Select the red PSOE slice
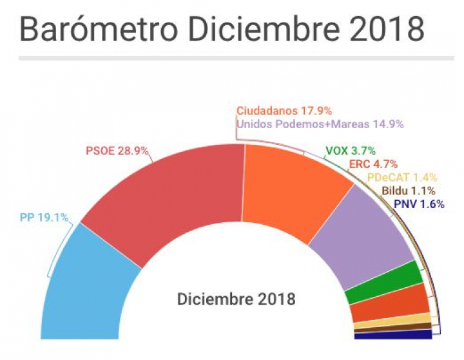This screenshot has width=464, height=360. click(161, 200)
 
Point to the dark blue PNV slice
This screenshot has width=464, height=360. click(393, 334)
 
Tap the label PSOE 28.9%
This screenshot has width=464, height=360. click(117, 152)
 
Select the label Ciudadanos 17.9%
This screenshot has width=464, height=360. click(288, 111)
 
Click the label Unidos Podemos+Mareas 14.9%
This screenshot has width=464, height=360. click(320, 124)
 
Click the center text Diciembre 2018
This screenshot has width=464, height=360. click(236, 299)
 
